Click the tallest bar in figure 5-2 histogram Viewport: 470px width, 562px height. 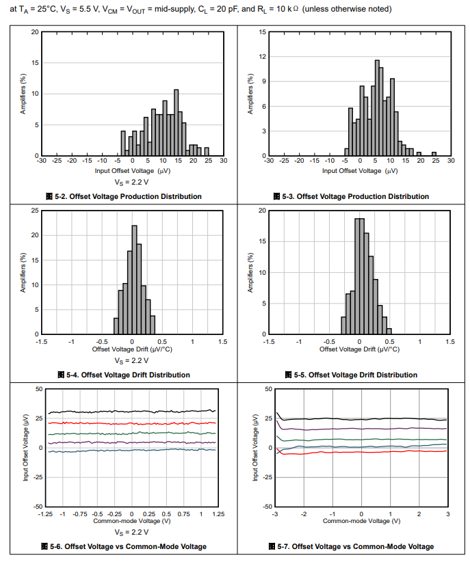(176, 123)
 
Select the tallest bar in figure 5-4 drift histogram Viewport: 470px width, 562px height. (134, 280)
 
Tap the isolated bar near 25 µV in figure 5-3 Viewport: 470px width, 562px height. (434, 154)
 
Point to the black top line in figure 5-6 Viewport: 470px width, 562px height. (130, 412)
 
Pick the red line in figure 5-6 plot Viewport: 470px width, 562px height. (130, 423)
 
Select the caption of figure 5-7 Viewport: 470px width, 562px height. (356, 546)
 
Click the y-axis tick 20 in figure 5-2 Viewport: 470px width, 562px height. (35, 32)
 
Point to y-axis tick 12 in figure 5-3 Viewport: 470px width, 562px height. (262, 57)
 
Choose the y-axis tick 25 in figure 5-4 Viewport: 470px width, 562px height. (35, 211)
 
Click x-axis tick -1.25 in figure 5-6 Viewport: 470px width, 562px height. (45, 513)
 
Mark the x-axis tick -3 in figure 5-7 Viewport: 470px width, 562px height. (275, 513)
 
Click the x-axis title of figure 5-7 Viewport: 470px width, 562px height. (361, 521)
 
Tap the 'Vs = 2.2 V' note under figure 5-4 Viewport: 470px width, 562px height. (131, 360)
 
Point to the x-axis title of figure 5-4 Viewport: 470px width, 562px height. (131, 349)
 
